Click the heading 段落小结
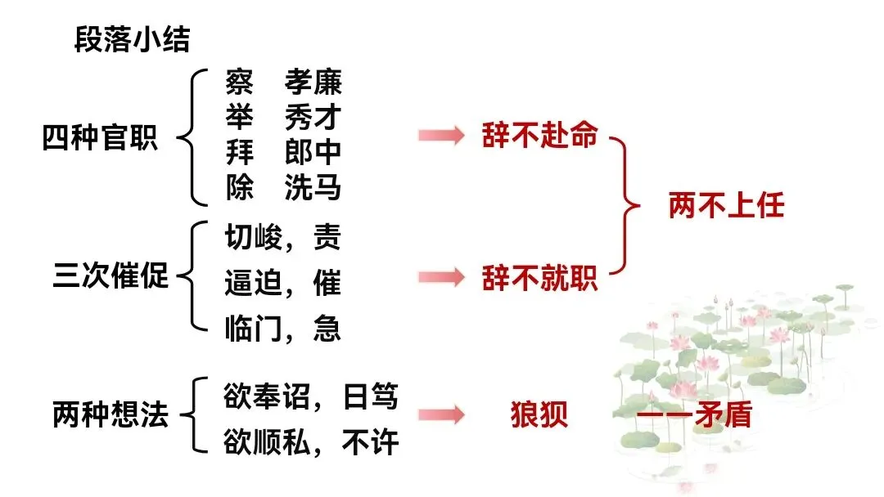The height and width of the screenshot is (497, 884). tap(132, 39)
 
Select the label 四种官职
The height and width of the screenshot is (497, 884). tap(99, 137)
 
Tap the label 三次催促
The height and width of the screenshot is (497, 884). tap(110, 275)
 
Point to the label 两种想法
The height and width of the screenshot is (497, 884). tap(110, 414)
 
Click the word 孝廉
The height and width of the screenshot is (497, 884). tap(313, 82)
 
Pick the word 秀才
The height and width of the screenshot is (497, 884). tap(313, 117)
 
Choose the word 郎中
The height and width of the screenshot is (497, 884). tap(313, 153)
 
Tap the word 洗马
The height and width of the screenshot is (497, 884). tap(313, 189)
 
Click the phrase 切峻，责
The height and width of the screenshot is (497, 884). tap(282, 238)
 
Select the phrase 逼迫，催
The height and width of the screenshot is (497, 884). tap(282, 284)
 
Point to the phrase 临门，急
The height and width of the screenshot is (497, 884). tap(282, 329)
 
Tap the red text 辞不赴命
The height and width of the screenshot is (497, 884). tap(539, 136)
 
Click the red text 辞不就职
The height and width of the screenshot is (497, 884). tap(539, 279)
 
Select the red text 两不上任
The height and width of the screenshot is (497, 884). tap(726, 205)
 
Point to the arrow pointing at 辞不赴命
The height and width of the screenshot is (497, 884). tap(441, 136)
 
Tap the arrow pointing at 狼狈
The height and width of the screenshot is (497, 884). tap(441, 415)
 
